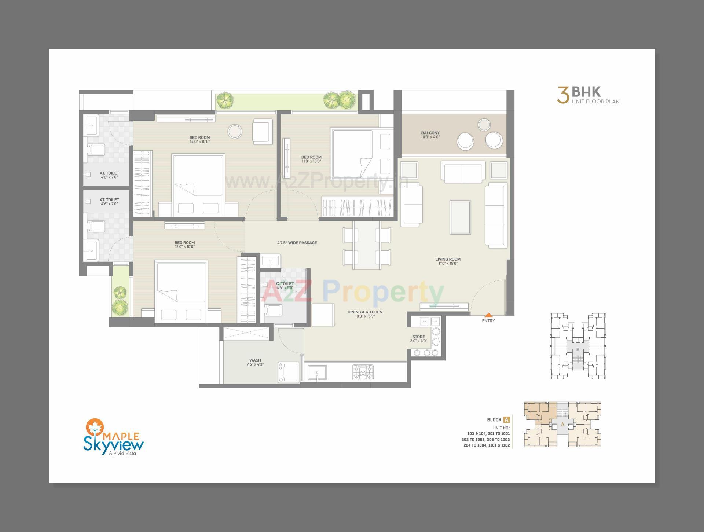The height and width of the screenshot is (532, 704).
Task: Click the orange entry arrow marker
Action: click(x=488, y=315)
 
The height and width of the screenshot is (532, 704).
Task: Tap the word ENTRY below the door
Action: click(x=488, y=321)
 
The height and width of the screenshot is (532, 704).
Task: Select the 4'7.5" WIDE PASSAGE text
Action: click(x=297, y=243)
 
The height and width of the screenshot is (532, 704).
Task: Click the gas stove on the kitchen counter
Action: click(x=363, y=372)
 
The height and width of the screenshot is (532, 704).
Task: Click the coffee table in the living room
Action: click(x=460, y=217)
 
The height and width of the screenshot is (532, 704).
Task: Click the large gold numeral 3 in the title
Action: click(x=563, y=95)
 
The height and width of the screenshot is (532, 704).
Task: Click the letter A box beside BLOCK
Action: click(x=506, y=420)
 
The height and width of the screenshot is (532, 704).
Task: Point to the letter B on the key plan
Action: click(x=578, y=349)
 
